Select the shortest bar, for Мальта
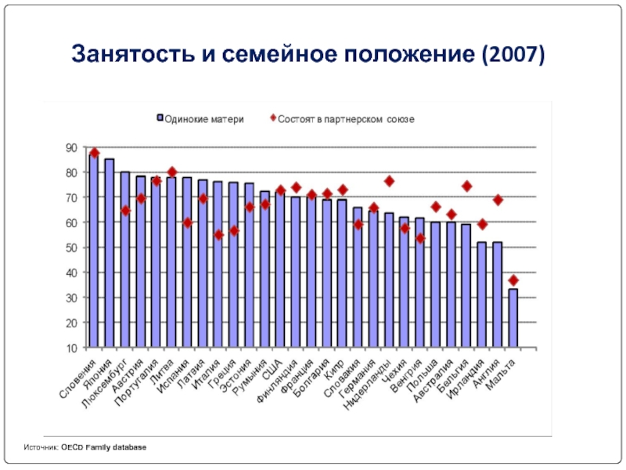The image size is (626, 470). [x=513, y=317]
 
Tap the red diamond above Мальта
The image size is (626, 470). [x=513, y=280]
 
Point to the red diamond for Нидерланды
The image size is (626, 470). [x=389, y=181]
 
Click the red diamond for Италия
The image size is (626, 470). [x=218, y=234]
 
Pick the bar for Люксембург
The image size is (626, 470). [x=125, y=258]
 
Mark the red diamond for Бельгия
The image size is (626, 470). [x=466, y=186]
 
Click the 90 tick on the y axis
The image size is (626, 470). [x=70, y=147]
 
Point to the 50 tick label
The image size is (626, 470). [x=70, y=248]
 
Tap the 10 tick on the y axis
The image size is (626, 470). [x=70, y=348]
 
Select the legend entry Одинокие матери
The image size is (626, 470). [x=200, y=119]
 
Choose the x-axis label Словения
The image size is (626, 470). [x=78, y=378]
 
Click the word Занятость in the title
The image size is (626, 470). [x=125, y=56]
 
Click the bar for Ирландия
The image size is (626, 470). [x=482, y=295]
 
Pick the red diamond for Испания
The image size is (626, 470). [x=187, y=222]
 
